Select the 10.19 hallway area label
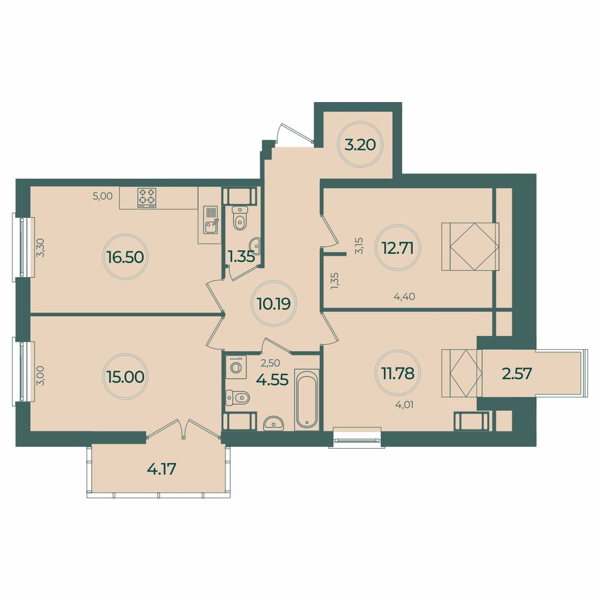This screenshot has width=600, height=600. click(274, 304)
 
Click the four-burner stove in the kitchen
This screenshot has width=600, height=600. click(147, 196)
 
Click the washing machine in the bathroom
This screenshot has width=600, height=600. click(236, 366)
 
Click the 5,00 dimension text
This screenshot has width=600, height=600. click(103, 195)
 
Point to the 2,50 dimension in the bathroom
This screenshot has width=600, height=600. click(269, 362)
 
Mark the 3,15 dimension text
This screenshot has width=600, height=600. click(359, 246)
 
